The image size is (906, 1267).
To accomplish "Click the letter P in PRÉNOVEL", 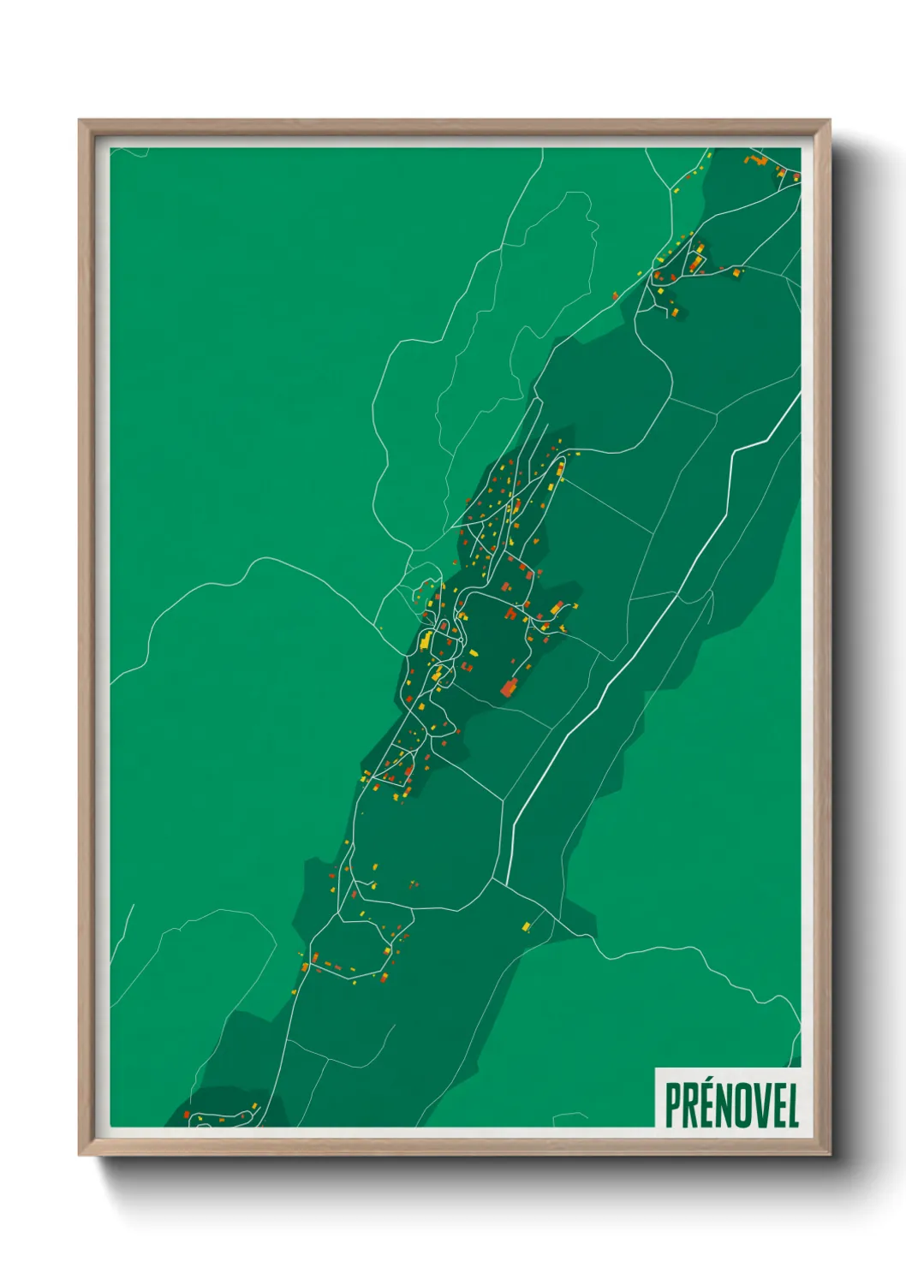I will (673, 1105).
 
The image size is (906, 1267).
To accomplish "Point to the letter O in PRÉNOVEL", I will (743, 1105).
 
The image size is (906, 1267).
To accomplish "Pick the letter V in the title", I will (760, 1105).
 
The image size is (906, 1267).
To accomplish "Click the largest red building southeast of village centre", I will (509, 687).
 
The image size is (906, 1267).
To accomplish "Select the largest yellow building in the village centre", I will (425, 639).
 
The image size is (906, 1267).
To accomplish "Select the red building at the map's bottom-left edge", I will (186, 1115).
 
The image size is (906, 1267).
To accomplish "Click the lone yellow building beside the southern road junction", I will (526, 926).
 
